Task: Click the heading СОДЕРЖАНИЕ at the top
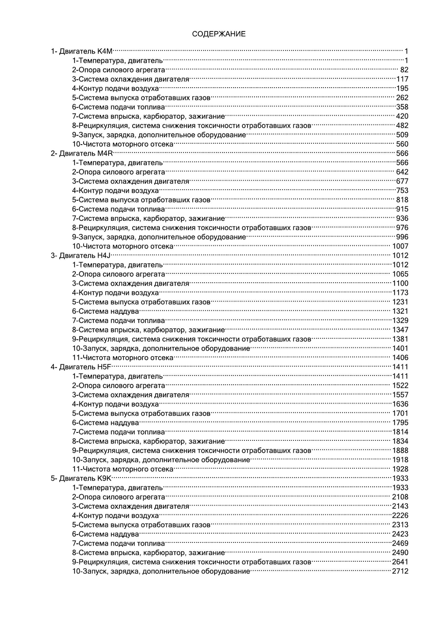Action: [219, 34]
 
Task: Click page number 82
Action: [404, 70]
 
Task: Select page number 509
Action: [402, 135]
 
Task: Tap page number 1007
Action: [400, 246]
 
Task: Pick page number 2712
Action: [400, 571]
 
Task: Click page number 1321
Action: [400, 311]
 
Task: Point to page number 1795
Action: [400, 422]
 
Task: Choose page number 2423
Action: [400, 534]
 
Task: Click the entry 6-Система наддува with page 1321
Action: [106, 311]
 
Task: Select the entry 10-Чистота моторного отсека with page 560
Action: [123, 144]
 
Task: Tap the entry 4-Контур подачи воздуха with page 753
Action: [116, 191]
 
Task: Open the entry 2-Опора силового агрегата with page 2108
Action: [119, 497]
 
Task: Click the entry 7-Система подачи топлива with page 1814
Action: [119, 432]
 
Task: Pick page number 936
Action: [402, 218]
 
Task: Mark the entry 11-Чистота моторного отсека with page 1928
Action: [123, 469]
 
